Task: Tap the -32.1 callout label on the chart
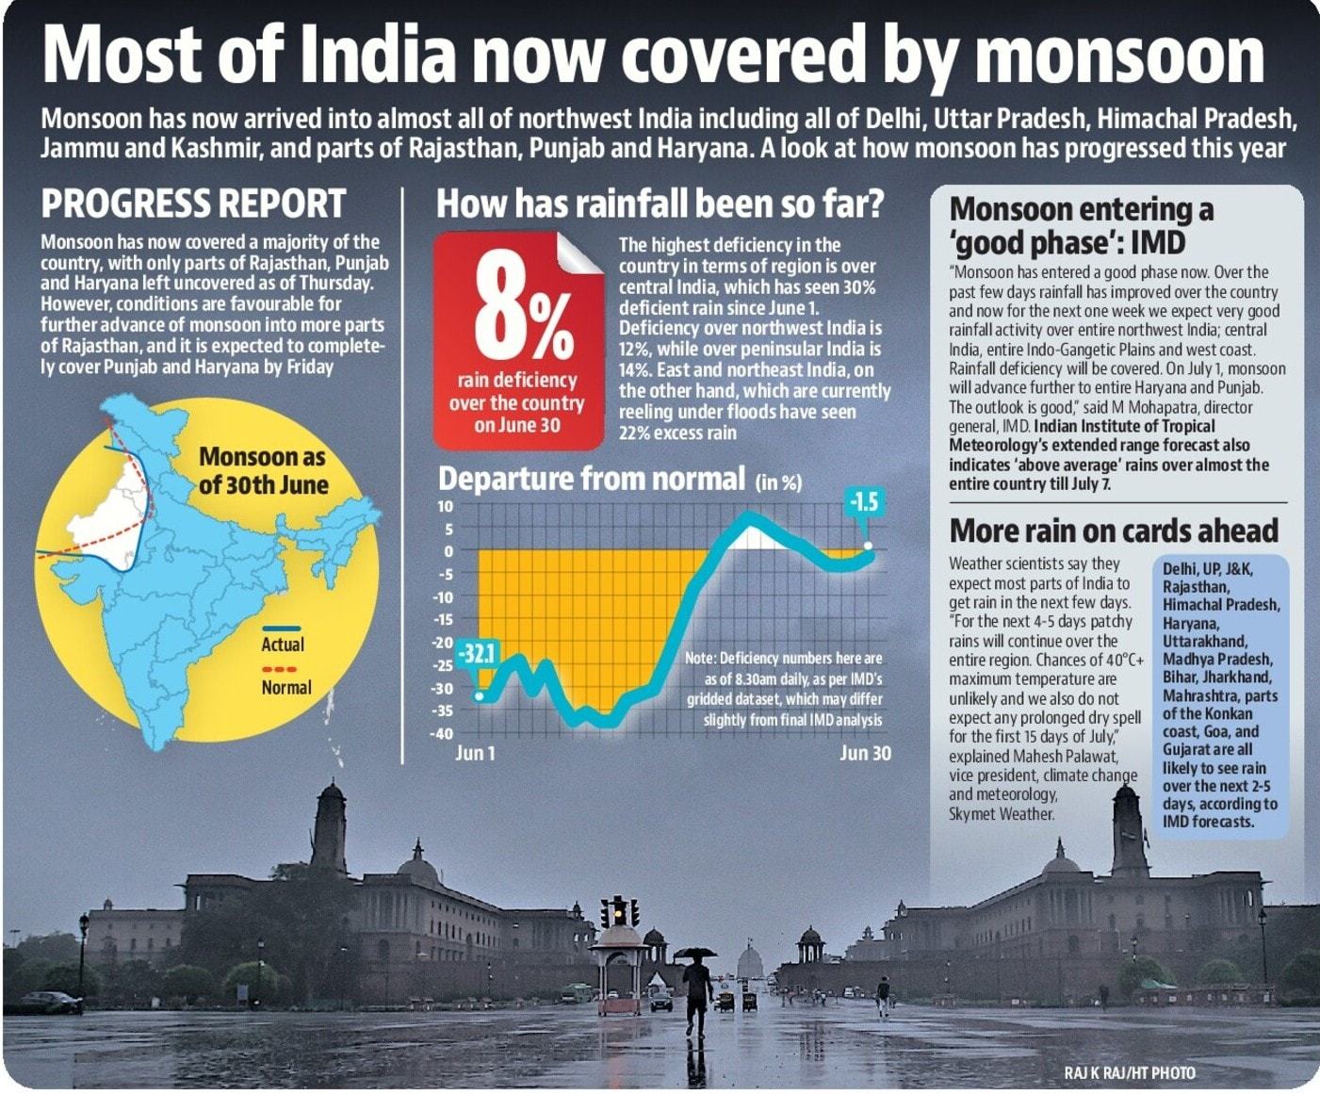click(x=478, y=653)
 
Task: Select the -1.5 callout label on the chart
click(x=863, y=502)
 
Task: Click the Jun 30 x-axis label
click(x=865, y=753)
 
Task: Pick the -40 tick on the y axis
click(x=442, y=734)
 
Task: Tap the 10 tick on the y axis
click(x=445, y=506)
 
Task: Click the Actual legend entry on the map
click(x=283, y=644)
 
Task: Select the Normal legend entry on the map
click(x=285, y=687)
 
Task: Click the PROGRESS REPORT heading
click(x=193, y=204)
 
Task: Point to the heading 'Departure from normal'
click(x=592, y=479)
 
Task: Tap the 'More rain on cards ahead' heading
click(x=1113, y=531)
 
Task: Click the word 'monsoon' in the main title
click(x=1118, y=56)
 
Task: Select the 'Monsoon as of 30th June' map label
click(x=263, y=471)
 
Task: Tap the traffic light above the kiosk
click(x=619, y=911)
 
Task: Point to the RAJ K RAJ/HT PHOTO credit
click(x=1129, y=1072)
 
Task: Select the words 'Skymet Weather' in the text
click(x=1001, y=814)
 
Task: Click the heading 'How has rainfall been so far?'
click(x=660, y=204)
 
